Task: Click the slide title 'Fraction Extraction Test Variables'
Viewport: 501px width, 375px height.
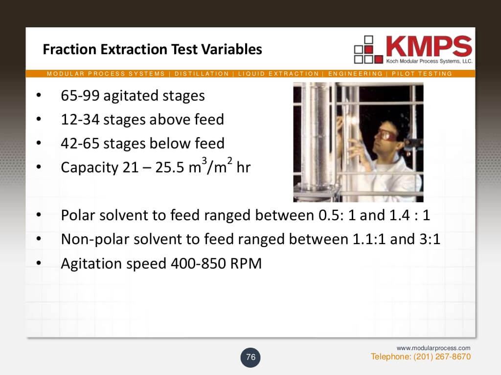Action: pos(152,50)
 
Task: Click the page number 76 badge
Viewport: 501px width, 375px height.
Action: pos(250,357)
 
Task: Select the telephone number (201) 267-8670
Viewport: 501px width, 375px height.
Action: pos(442,356)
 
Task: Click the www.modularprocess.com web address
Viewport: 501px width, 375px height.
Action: pos(433,348)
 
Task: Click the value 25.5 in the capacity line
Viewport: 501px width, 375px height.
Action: pos(168,167)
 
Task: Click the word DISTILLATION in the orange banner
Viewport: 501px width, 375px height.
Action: pos(202,74)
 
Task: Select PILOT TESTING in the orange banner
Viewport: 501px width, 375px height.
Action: pos(422,74)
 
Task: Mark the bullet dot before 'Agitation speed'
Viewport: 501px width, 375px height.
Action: pos(40,264)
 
